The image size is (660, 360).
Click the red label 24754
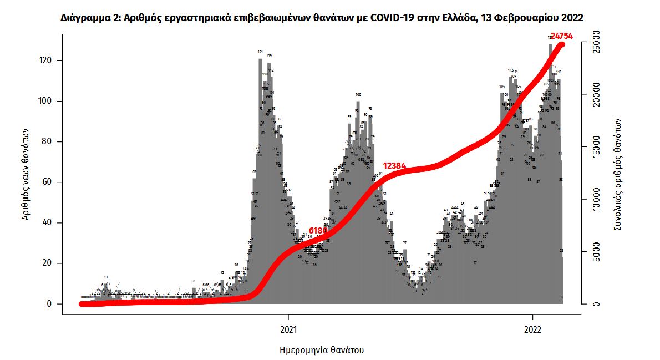pos(561,37)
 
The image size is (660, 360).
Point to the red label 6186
pos(318,230)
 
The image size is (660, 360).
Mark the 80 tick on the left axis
pos(48,141)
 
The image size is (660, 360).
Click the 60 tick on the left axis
pos(48,182)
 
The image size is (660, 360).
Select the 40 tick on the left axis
pos(48,222)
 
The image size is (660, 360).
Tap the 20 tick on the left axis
pos(48,263)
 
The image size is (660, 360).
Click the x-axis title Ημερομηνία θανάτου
pos(322,351)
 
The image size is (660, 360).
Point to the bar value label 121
pos(260,52)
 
